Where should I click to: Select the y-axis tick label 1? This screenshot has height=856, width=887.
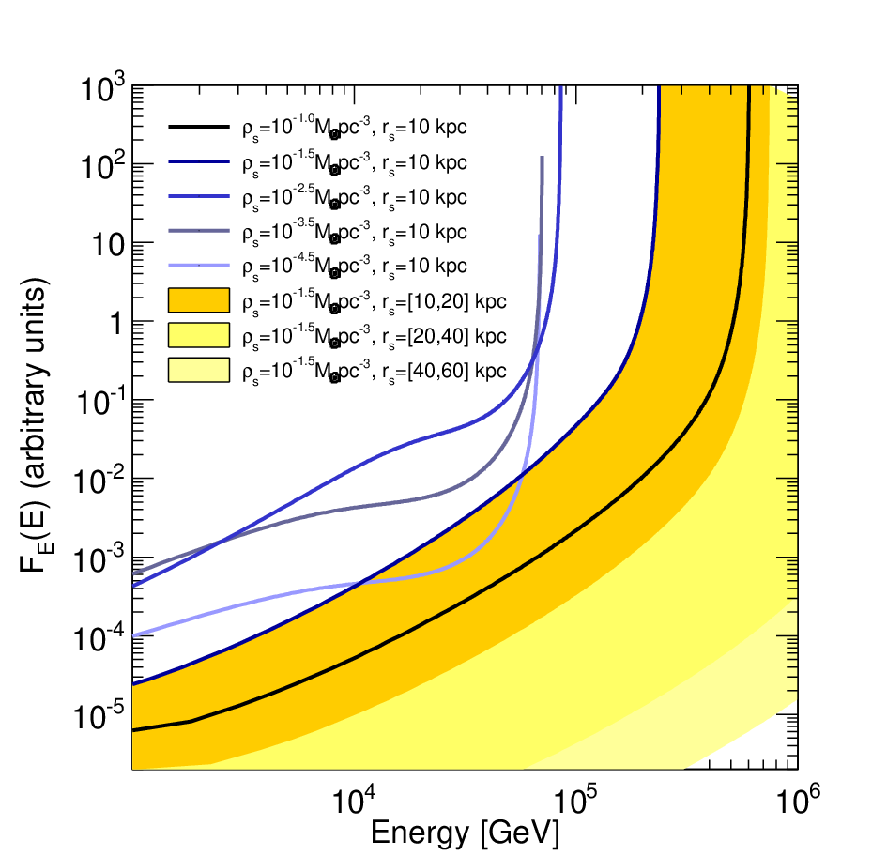[x=117, y=325]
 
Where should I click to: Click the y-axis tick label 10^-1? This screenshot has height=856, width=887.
[x=102, y=403]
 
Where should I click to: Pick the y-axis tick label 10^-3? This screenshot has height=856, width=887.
[x=102, y=560]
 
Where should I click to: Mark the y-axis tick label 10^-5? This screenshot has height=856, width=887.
[x=102, y=717]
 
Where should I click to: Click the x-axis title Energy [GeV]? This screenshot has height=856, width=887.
[x=465, y=833]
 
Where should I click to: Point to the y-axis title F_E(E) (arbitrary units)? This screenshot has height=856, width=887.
[x=35, y=425]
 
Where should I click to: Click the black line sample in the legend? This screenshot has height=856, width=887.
[x=199, y=127]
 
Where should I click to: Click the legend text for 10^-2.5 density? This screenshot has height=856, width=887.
[x=355, y=197]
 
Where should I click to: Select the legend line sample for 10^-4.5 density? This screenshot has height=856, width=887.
[x=199, y=266]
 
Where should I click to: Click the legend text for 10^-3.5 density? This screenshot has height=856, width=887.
[x=355, y=232]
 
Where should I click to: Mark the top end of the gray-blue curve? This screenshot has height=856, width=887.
[x=542, y=157]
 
